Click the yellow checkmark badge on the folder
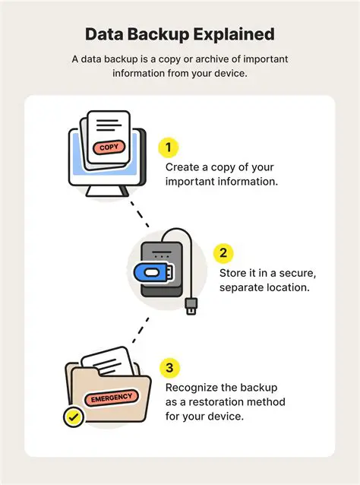pyautogui.click(x=74, y=417)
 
